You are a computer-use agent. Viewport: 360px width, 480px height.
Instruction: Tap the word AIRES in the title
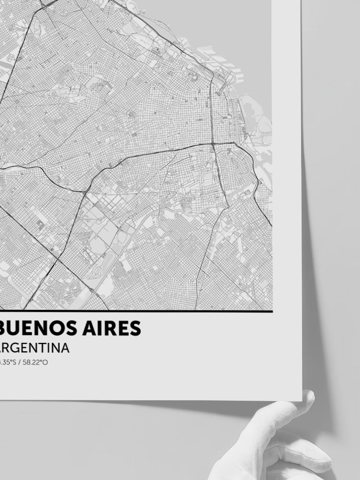[x=113, y=329]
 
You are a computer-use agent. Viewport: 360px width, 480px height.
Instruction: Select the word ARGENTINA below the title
[x=35, y=348]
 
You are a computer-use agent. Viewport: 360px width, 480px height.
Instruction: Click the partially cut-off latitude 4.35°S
[x=7, y=362]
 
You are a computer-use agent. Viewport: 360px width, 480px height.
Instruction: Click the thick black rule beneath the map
[x=136, y=311]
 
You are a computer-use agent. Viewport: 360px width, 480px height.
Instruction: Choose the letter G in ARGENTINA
[x=21, y=348]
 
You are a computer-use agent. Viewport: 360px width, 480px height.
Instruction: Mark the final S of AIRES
[x=135, y=329]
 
